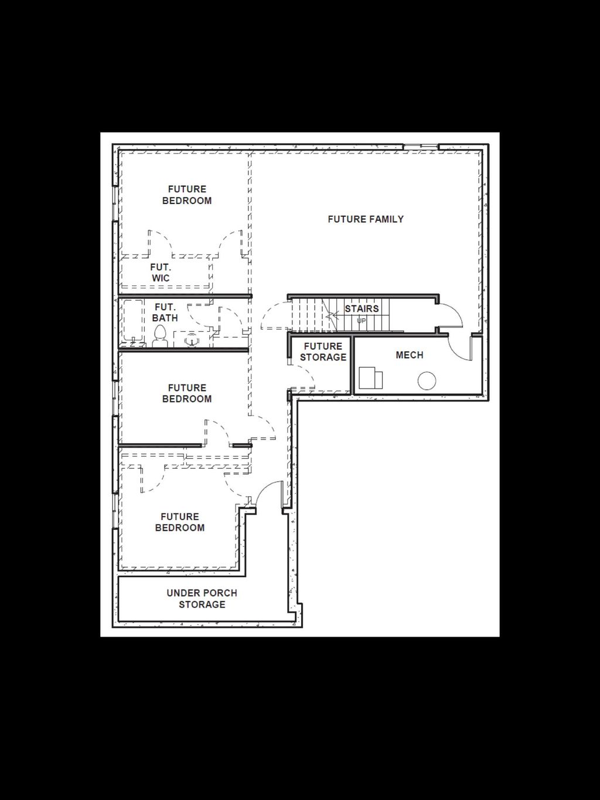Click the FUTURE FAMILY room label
[366, 219]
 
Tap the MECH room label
[409, 355]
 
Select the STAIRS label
[362, 308]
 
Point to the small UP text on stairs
[361, 321]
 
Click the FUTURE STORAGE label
[323, 352]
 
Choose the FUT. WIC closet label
[161, 273]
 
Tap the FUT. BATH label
[165, 312]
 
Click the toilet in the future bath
[160, 336]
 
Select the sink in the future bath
[192, 339]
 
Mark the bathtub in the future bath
[133, 322]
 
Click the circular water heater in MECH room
[427, 381]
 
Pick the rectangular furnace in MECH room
[370, 378]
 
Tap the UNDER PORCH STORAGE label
[202, 598]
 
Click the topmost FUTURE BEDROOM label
[187, 195]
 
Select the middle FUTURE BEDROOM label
[187, 393]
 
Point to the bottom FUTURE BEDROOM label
[180, 522]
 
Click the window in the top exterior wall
[421, 146]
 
